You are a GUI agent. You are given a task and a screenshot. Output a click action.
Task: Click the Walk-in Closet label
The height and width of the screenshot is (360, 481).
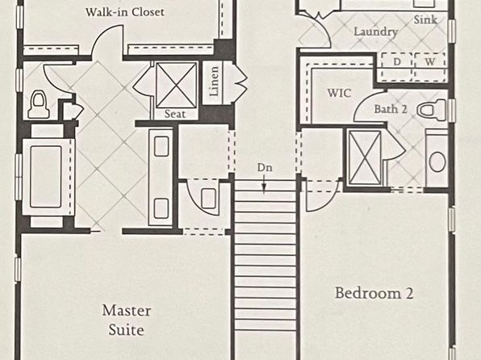pos(125,12)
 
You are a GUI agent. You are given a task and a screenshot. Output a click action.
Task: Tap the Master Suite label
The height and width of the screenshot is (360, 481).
pos(127,320)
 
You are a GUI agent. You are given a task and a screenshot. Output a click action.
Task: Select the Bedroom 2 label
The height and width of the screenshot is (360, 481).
pos(374,293)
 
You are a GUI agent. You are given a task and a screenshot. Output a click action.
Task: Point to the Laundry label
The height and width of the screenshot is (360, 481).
pos(376,31)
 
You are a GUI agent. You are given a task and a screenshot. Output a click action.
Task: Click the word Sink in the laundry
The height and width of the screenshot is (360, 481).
pos(425,19)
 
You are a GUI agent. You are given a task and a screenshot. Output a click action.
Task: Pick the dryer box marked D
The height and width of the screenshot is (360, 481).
pos(396,67)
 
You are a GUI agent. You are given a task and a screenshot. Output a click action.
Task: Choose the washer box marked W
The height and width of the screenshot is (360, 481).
pos(430,67)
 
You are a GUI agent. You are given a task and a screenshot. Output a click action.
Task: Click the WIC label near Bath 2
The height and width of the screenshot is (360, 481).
pos(339,93)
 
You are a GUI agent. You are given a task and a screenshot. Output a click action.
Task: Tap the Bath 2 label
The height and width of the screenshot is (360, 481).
pos(391,109)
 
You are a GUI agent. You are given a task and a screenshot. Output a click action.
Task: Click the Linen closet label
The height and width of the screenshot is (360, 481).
pos(214,81)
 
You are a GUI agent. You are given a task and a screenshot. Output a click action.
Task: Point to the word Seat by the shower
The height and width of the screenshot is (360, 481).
pos(175,114)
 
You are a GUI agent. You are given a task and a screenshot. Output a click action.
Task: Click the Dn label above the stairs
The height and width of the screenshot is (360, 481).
pos(265,168)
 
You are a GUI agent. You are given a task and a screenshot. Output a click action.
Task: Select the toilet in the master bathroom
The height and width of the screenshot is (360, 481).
pos(39,105)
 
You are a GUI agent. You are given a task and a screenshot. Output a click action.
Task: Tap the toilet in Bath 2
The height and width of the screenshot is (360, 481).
pos(432,110)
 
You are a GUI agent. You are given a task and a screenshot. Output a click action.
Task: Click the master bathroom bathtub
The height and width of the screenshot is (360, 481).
pos(46,177)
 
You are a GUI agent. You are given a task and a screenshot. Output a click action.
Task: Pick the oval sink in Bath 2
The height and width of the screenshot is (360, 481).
pos(437,161)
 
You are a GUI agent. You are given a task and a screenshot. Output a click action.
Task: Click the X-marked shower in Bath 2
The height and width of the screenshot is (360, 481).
pos(365,158)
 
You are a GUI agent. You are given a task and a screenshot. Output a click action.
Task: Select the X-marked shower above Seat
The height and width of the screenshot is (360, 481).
pos(176,86)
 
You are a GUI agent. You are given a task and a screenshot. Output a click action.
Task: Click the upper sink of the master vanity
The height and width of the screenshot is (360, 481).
pos(161,146)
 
